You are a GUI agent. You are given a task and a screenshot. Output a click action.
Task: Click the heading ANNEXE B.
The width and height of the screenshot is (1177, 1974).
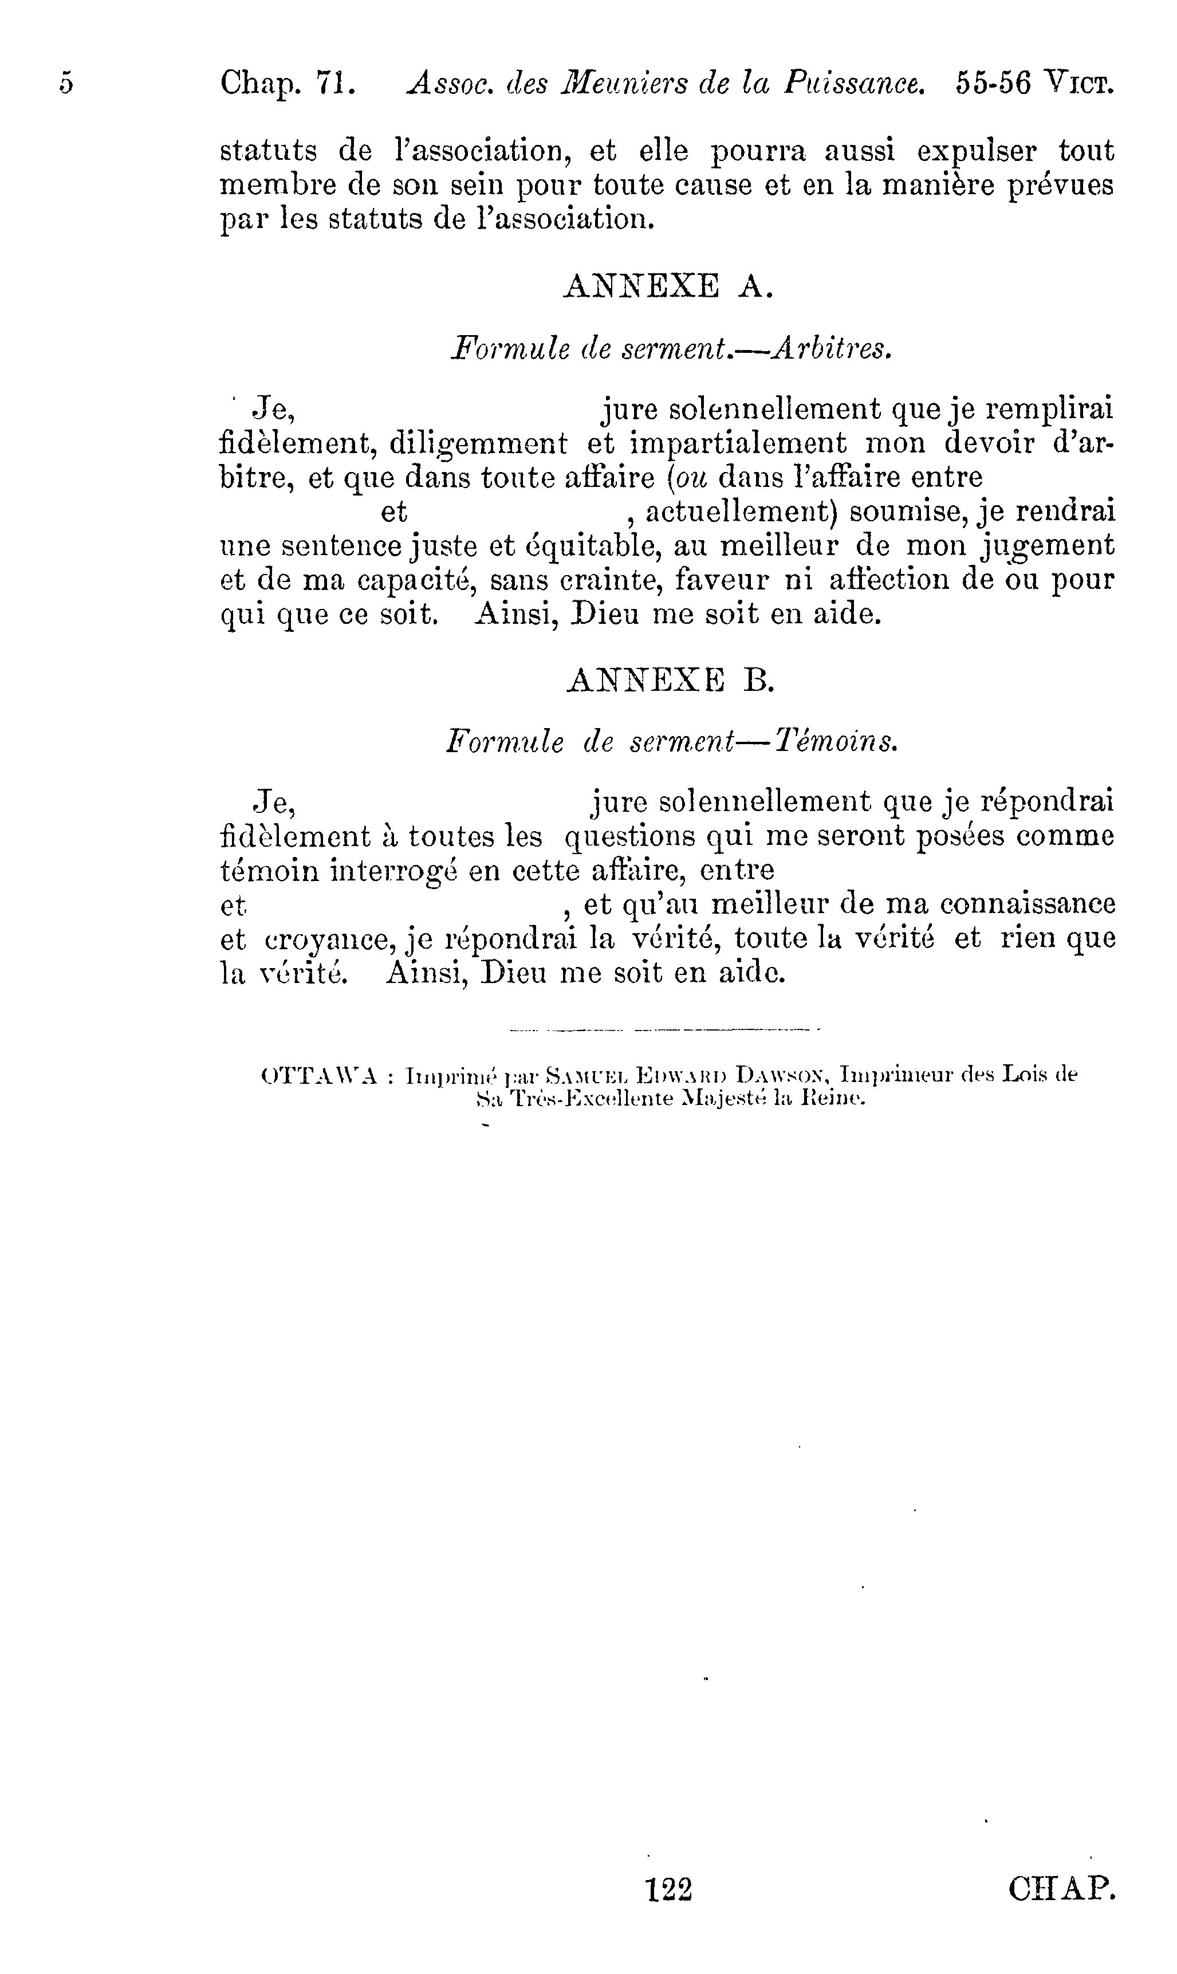click(x=670, y=680)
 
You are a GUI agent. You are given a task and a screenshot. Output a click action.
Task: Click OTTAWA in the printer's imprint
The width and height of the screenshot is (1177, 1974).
click(x=318, y=1077)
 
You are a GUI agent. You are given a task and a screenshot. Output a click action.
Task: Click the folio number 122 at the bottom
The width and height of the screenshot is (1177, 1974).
click(x=670, y=1890)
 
